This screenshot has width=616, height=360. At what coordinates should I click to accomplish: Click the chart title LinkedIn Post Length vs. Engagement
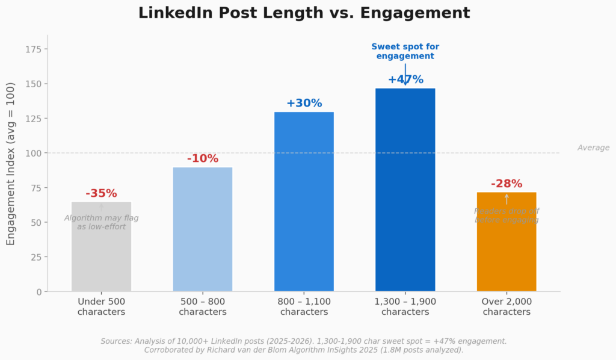coord(304,13)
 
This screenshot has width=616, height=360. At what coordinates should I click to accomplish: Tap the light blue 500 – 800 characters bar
coord(203,235)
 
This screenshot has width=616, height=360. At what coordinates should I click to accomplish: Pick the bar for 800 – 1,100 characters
coord(304,205)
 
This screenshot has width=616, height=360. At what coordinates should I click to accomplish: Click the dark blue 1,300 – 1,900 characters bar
coord(405,193)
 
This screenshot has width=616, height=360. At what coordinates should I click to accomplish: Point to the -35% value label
coord(101,194)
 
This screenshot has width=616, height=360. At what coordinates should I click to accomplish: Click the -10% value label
coord(203,159)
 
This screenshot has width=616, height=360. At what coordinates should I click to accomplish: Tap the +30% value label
coord(304,104)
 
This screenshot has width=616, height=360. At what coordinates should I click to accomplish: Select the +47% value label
coord(405,79)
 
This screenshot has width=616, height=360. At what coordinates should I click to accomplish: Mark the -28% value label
coord(507,184)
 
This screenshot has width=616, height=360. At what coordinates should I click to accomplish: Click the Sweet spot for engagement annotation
coord(405,51)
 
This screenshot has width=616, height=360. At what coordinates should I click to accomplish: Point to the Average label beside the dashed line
coord(593,147)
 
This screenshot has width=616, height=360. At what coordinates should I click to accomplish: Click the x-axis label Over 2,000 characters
coord(507,306)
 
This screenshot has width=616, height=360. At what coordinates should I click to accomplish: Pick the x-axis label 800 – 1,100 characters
coord(304,306)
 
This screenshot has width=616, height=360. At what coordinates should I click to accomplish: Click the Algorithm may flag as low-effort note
coord(101,222)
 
